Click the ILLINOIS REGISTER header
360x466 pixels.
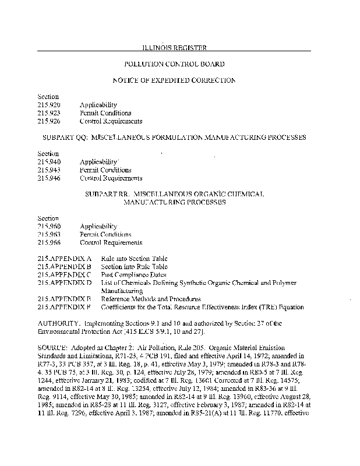coord(175,47)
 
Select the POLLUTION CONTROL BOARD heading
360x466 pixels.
coord(175,63)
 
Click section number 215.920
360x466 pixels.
coord(48,105)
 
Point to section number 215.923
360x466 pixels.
coord(48,113)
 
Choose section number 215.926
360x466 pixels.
coord(48,121)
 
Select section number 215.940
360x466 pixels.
coord(48,161)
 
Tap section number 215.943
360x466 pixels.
coord(48,170)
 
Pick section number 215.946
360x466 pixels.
coord(48,178)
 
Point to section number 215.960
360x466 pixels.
coord(48,226)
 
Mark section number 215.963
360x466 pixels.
coord(48,234)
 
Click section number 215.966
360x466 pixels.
coord(48,242)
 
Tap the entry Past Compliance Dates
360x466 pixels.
coord(133,274)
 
